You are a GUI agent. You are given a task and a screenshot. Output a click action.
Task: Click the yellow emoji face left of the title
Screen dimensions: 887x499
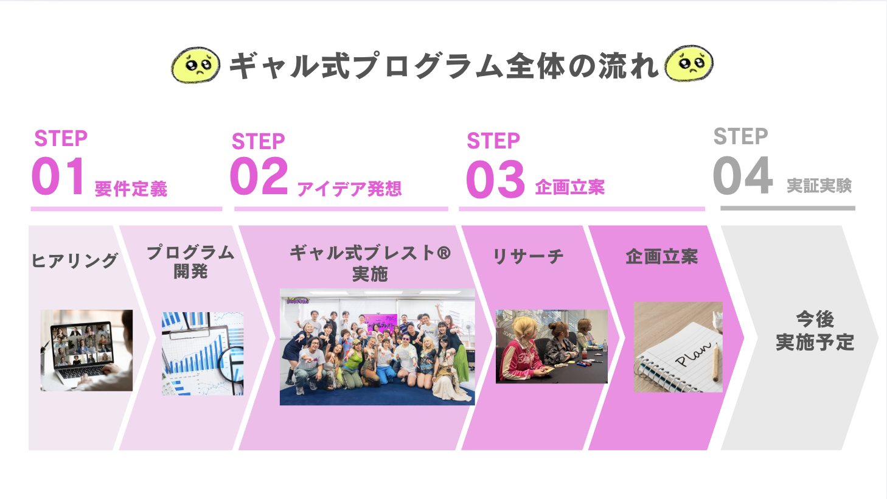pyautogui.click(x=196, y=65)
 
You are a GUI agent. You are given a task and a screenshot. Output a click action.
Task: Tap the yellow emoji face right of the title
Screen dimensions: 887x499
pyautogui.click(x=689, y=63)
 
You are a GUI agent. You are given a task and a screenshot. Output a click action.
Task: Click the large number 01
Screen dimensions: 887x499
pyautogui.click(x=58, y=176)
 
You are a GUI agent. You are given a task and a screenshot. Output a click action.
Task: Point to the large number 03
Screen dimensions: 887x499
pyautogui.click(x=495, y=179)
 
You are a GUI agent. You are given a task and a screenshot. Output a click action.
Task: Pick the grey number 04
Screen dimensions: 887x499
pyautogui.click(x=742, y=175)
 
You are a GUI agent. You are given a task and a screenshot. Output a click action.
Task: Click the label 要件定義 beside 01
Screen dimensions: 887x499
pyautogui.click(x=131, y=189)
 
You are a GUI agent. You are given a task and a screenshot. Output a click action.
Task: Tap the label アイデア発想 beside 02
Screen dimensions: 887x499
pyautogui.click(x=349, y=189)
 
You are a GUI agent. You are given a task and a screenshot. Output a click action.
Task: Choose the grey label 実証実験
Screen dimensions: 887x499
pyautogui.click(x=819, y=186)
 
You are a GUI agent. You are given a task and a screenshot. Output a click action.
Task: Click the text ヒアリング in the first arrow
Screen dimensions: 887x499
pyautogui.click(x=75, y=260)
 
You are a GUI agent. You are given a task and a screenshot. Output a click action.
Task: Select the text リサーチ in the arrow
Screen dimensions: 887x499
pyautogui.click(x=528, y=256)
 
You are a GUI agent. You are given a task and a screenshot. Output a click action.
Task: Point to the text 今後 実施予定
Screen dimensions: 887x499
pyautogui.click(x=815, y=330)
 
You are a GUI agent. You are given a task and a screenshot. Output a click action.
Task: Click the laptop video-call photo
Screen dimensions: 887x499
pyautogui.click(x=87, y=351)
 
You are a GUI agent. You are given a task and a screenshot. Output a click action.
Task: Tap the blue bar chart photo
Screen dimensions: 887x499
pyautogui.click(x=203, y=354)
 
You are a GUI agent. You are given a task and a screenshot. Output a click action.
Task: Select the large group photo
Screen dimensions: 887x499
pyautogui.click(x=377, y=347)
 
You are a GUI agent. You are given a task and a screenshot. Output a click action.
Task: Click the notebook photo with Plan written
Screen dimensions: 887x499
pyautogui.click(x=678, y=347)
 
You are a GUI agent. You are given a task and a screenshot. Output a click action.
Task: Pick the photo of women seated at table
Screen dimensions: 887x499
pyautogui.click(x=552, y=346)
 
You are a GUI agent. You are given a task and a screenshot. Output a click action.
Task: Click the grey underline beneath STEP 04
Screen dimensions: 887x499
pyautogui.click(x=788, y=208)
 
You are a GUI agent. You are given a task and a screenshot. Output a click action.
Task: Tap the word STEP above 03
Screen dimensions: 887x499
pyautogui.click(x=493, y=141)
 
